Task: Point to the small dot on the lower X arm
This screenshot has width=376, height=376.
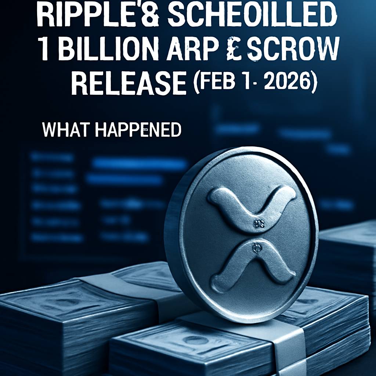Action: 254,249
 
